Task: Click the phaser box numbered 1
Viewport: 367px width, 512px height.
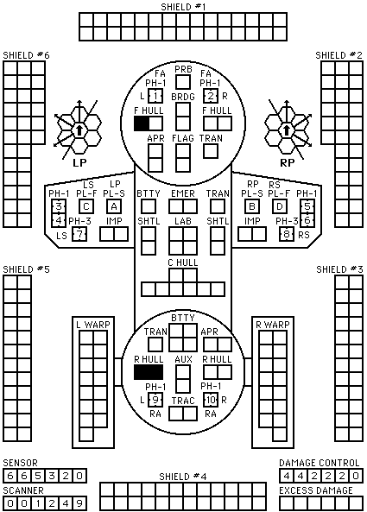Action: click(155, 96)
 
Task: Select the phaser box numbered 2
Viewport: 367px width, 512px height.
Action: click(211, 96)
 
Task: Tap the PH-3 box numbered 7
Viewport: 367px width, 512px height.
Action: click(79, 235)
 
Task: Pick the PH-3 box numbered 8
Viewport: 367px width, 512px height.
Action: click(287, 235)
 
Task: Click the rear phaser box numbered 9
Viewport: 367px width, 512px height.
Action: click(155, 400)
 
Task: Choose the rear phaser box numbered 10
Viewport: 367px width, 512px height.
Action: click(211, 400)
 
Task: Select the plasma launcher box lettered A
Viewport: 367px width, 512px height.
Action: click(114, 206)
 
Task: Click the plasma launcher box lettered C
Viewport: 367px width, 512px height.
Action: click(86, 206)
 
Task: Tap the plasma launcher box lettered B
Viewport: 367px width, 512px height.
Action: click(252, 206)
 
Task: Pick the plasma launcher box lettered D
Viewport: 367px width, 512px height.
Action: click(280, 206)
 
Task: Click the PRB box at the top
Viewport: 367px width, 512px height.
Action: click(183, 82)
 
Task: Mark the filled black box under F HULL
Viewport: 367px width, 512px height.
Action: click(142, 123)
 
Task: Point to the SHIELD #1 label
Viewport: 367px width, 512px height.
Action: click(183, 7)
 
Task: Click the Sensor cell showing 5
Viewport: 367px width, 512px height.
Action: click(38, 476)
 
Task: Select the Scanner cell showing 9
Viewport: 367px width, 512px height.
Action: click(79, 503)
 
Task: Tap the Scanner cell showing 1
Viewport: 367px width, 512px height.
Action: click(38, 503)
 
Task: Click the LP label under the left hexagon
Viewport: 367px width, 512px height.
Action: click(79, 162)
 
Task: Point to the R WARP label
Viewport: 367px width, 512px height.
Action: click(273, 325)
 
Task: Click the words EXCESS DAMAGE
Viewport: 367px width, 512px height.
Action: click(316, 490)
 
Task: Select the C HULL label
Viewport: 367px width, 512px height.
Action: click(183, 262)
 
